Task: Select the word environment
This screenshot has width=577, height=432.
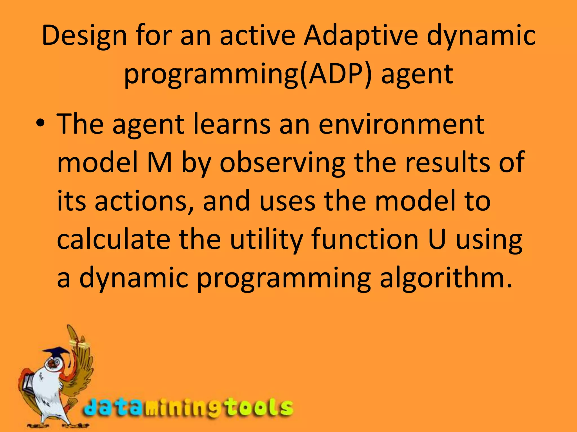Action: tap(401, 124)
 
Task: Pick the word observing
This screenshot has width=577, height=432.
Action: tap(283, 163)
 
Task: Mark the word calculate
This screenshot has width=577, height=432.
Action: tap(114, 240)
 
